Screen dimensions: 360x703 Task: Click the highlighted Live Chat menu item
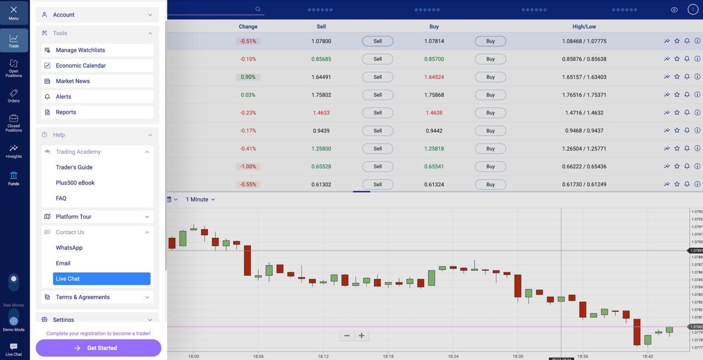102,279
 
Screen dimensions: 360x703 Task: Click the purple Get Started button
98,348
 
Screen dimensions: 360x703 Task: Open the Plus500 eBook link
75,183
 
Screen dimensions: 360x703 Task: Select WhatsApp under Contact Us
69,248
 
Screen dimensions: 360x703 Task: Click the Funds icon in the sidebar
14,178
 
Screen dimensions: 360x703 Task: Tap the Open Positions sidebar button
14,68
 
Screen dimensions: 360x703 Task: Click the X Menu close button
14,12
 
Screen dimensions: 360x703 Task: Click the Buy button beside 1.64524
490,77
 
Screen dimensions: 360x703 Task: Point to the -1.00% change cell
248,167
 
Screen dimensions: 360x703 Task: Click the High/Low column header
584,27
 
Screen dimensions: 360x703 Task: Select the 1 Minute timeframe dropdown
200,199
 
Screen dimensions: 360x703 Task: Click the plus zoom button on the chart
362,336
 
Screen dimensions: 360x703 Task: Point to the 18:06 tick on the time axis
258,356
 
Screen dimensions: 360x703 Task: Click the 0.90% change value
248,77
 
